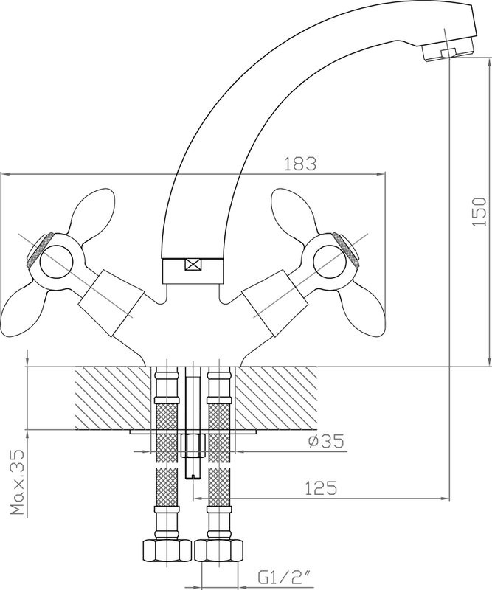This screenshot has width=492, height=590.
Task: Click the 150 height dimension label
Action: coord(479,211)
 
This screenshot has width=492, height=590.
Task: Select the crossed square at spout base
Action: coord(194,263)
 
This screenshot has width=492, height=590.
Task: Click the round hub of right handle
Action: coord(330,259)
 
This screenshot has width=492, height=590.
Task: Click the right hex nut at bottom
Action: coord(219,551)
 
